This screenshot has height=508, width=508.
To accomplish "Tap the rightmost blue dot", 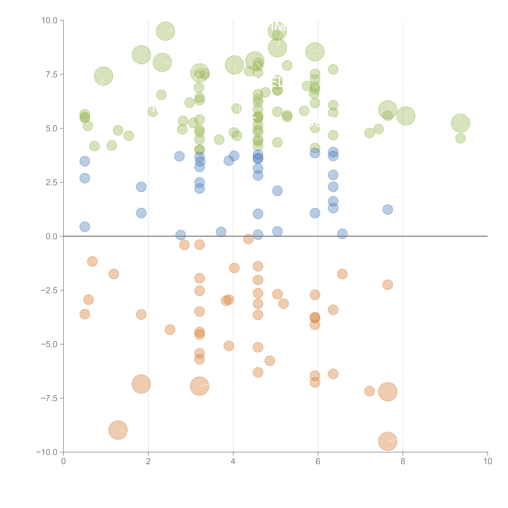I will pos(388,210).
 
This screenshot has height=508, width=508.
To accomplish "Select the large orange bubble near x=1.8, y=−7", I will pos(141,384).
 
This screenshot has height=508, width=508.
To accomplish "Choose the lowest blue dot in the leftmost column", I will pos(85,227).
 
